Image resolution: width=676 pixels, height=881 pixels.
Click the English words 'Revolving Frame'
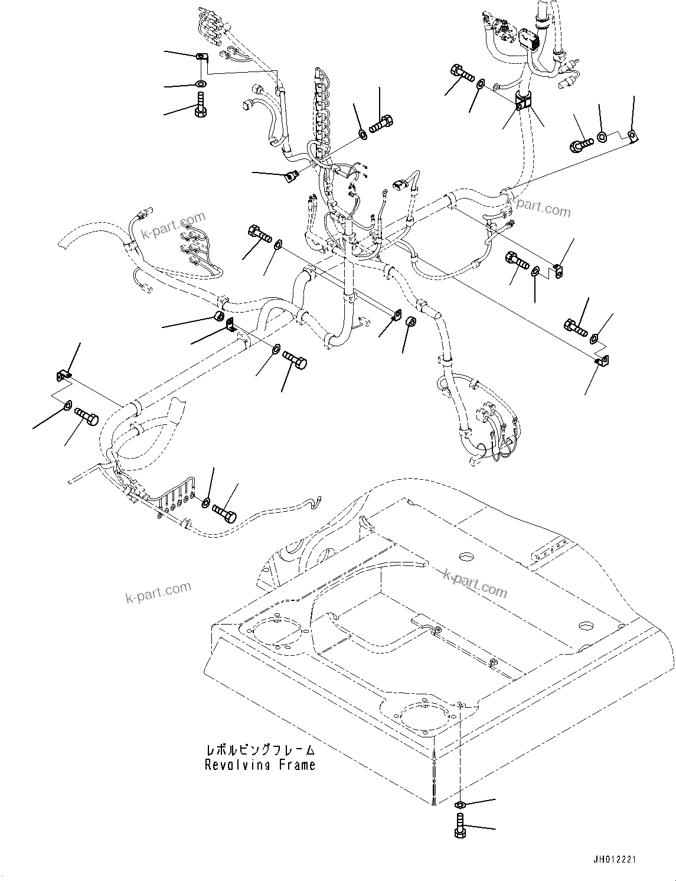pyautogui.click(x=260, y=765)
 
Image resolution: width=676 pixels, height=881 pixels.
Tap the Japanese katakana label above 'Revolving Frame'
pyautogui.click(x=260, y=750)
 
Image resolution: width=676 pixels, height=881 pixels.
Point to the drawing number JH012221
pyautogui.click(x=615, y=860)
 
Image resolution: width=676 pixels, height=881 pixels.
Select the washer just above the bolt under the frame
pyautogui.click(x=461, y=805)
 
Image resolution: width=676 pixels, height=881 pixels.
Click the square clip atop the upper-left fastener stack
pyautogui.click(x=201, y=57)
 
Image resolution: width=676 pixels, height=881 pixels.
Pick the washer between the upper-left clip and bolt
pyautogui.click(x=201, y=83)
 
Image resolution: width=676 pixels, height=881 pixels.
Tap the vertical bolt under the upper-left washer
pyautogui.click(x=201, y=106)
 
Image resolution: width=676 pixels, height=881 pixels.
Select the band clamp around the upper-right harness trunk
pyautogui.click(x=523, y=101)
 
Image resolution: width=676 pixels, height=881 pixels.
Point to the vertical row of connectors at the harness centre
pyautogui.click(x=322, y=112)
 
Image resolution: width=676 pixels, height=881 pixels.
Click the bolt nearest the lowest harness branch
pyautogui.click(x=224, y=512)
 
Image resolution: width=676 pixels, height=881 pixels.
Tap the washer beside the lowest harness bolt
pyautogui.click(x=206, y=502)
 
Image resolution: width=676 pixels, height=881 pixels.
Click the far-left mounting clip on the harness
pyautogui.click(x=63, y=375)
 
